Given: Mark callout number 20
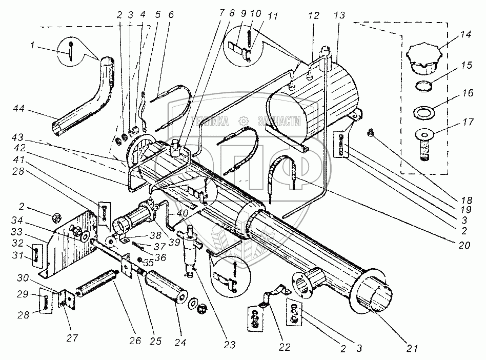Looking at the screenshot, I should [465, 246].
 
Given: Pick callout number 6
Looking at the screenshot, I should [170, 14].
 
